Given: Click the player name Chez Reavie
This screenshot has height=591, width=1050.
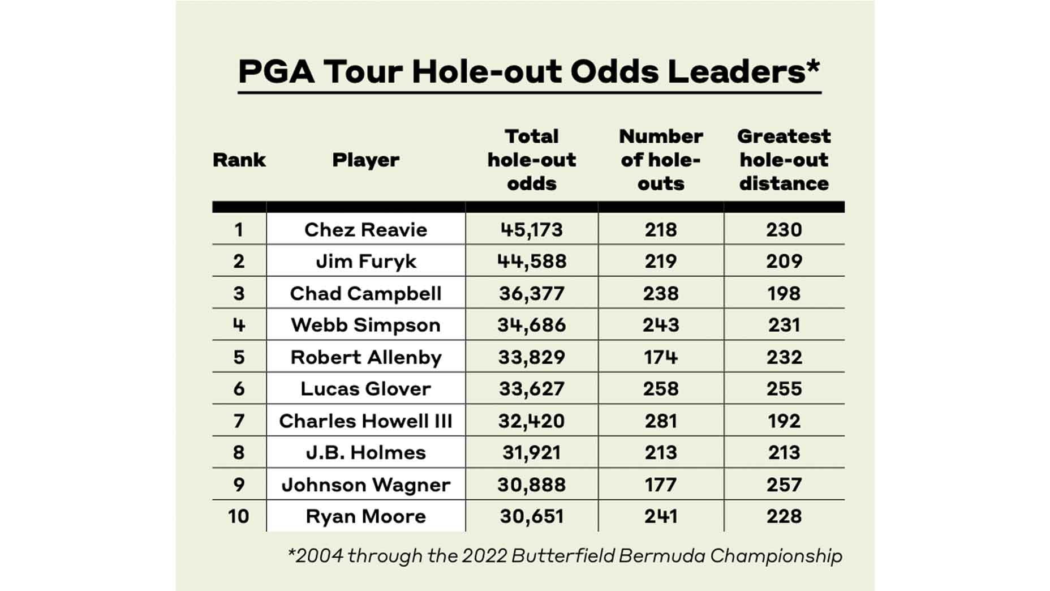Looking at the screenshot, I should pyautogui.click(x=365, y=230).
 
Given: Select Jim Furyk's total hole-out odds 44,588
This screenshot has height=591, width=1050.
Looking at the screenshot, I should pyautogui.click(x=531, y=262).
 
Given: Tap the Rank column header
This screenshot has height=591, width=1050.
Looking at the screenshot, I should pyautogui.click(x=239, y=160).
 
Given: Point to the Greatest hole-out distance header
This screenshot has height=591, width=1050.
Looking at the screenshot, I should pyautogui.click(x=784, y=160).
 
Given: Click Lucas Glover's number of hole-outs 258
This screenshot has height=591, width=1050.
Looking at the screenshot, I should pyautogui.click(x=660, y=389).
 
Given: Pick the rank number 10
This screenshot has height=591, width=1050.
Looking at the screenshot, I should pyautogui.click(x=238, y=516).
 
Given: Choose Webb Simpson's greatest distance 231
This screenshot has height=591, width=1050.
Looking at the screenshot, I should pyautogui.click(x=784, y=325).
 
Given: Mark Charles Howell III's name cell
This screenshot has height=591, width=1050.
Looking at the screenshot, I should pyautogui.click(x=365, y=421).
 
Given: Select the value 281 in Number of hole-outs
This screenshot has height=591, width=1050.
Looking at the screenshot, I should pyautogui.click(x=660, y=421).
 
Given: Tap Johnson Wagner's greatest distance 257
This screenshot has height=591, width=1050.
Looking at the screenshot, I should pyautogui.click(x=784, y=485).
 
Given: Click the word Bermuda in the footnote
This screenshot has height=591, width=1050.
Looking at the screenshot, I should pyautogui.click(x=662, y=556).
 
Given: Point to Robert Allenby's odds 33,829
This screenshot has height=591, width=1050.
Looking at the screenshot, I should pyautogui.click(x=531, y=357).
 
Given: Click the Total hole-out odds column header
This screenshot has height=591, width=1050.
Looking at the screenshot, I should pyautogui.click(x=531, y=160).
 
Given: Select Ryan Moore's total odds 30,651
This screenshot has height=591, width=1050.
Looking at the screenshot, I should pyautogui.click(x=531, y=516).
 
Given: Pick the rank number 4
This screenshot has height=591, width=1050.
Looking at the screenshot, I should pyautogui.click(x=238, y=325).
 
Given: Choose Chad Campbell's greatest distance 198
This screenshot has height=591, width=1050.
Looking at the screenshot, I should pyautogui.click(x=784, y=293).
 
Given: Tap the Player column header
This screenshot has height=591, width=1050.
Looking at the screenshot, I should pyautogui.click(x=365, y=160).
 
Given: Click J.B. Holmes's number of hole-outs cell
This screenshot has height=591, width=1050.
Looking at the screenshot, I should pyautogui.click(x=660, y=453).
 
